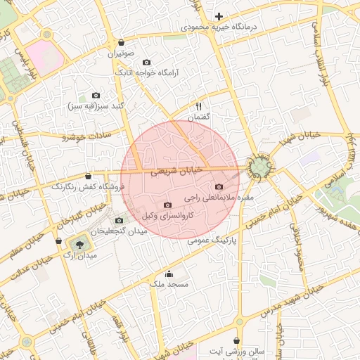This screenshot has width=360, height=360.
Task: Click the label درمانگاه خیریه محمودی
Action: pos(220,26)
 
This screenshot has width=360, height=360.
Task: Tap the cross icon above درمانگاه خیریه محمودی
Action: pos(219,15)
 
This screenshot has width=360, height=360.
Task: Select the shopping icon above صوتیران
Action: pos(122,42)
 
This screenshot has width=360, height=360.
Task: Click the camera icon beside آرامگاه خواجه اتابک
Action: pos(146,62)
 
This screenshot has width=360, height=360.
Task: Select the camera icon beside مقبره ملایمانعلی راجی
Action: pos(219,187)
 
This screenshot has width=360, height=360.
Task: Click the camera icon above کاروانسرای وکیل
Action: pos(167,205)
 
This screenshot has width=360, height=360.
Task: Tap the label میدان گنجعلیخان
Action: pos(122,231)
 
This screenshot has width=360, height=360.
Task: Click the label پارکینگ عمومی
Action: pos(214,240)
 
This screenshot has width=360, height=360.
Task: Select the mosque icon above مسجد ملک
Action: pos(169,274)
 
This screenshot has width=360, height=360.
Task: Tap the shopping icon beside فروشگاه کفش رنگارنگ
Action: pos(88,176)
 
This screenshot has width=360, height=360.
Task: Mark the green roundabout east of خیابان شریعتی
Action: pos(261,167)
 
